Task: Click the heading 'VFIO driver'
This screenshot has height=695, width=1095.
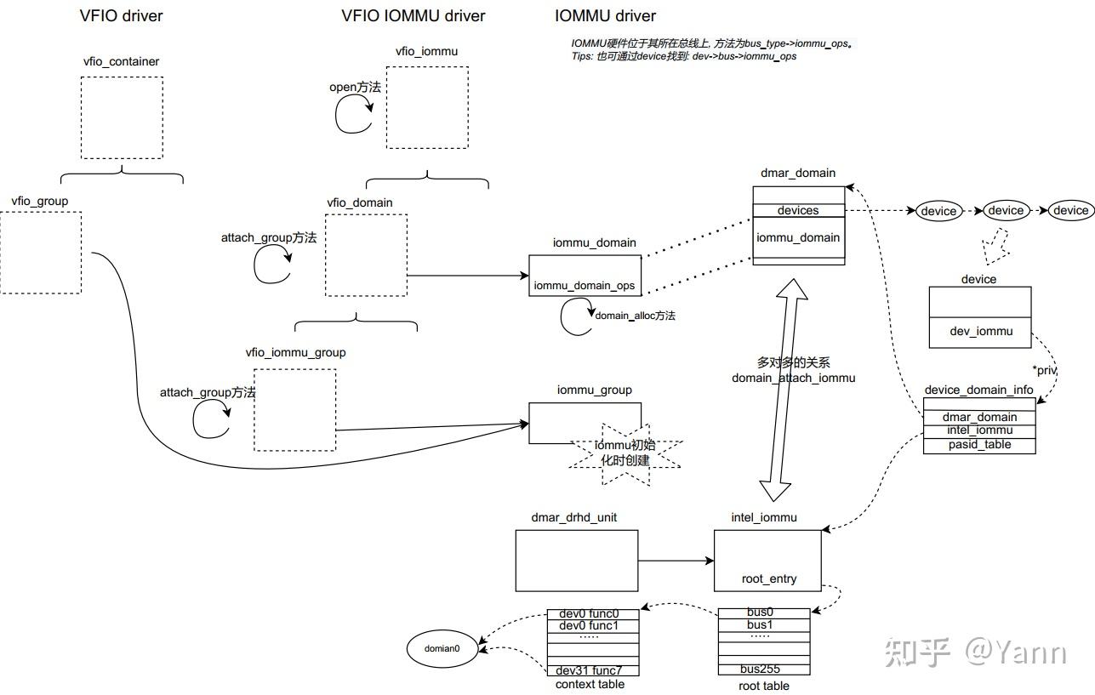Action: pyautogui.click(x=121, y=15)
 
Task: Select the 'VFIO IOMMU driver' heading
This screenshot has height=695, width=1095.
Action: pyautogui.click(x=413, y=15)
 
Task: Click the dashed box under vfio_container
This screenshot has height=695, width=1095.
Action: pyautogui.click(x=122, y=117)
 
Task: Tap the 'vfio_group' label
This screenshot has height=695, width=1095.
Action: pyautogui.click(x=40, y=201)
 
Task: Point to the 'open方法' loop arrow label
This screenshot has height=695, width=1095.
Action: pyautogui.click(x=355, y=87)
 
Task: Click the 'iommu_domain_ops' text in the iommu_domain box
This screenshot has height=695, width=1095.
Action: pyautogui.click(x=585, y=286)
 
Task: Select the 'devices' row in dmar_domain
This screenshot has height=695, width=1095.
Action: pyautogui.click(x=798, y=210)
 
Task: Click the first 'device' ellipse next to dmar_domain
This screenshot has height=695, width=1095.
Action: pyautogui.click(x=938, y=211)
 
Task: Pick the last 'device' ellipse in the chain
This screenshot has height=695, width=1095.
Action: pyautogui.click(x=1070, y=210)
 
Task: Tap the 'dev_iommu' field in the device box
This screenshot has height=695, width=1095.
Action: pyautogui.click(x=981, y=331)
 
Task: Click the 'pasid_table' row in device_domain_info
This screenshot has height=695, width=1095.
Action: pyautogui.click(x=979, y=445)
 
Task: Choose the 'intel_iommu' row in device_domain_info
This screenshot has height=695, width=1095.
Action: pyautogui.click(x=979, y=430)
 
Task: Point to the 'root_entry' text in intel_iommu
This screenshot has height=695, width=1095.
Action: pyautogui.click(x=769, y=578)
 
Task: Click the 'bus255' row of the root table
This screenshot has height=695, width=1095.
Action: pyautogui.click(x=761, y=669)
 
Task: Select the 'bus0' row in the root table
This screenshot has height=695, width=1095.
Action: pyautogui.click(x=761, y=612)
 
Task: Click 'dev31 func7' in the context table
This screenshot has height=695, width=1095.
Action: pyautogui.click(x=590, y=669)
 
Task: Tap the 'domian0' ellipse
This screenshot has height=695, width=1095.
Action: pyautogui.click(x=442, y=648)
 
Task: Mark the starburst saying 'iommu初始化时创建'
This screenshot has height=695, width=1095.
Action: pyautogui.click(x=625, y=453)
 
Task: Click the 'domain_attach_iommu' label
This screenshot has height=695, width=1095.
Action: pyautogui.click(x=793, y=378)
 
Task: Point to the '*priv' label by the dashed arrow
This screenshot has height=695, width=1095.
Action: pyautogui.click(x=1045, y=371)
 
